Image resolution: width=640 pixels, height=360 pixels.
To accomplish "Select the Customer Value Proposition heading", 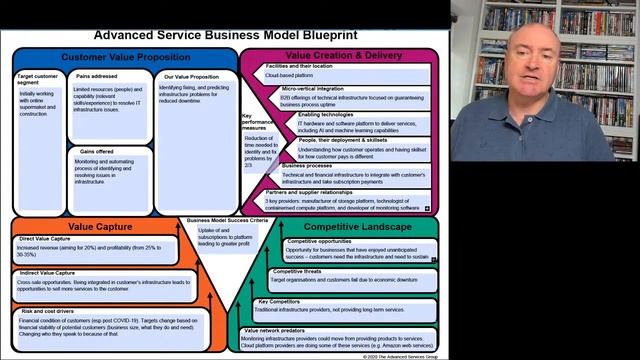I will (119, 57).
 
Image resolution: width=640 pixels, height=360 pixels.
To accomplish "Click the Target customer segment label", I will (38, 80).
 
